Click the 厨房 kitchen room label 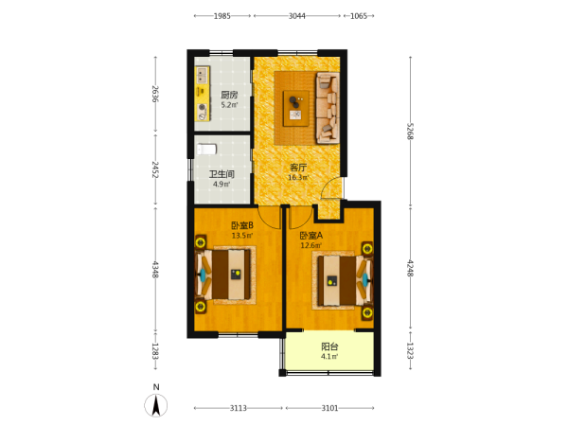coord(229,95)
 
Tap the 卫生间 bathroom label coord(222,174)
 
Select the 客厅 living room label coord(298,168)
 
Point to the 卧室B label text coord(242,225)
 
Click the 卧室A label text coord(311,236)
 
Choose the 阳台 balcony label coord(329,346)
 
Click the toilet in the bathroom coord(206,149)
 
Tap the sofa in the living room coord(328,108)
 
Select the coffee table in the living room coord(296,108)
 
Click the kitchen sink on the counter coord(202,76)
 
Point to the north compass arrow coord(156,404)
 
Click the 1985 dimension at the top coord(222,16)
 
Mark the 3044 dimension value coord(296,16)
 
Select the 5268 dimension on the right coord(410,132)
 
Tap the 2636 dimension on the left coord(155,94)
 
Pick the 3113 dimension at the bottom coord(238,408)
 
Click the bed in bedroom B coord(224,275)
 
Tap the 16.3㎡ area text coord(298,178)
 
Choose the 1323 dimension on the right coord(410,350)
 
